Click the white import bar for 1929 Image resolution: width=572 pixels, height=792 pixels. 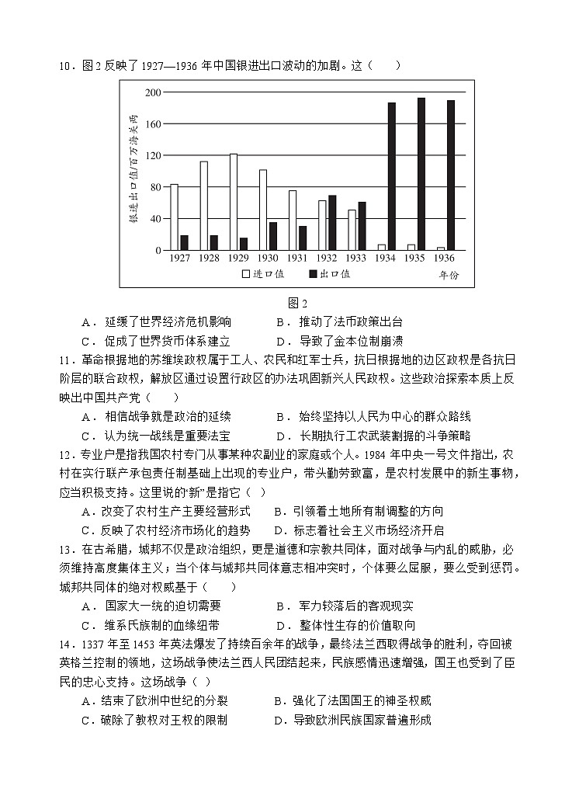click(x=234, y=202)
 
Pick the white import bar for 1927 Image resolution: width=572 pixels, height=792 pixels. click(x=175, y=217)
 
